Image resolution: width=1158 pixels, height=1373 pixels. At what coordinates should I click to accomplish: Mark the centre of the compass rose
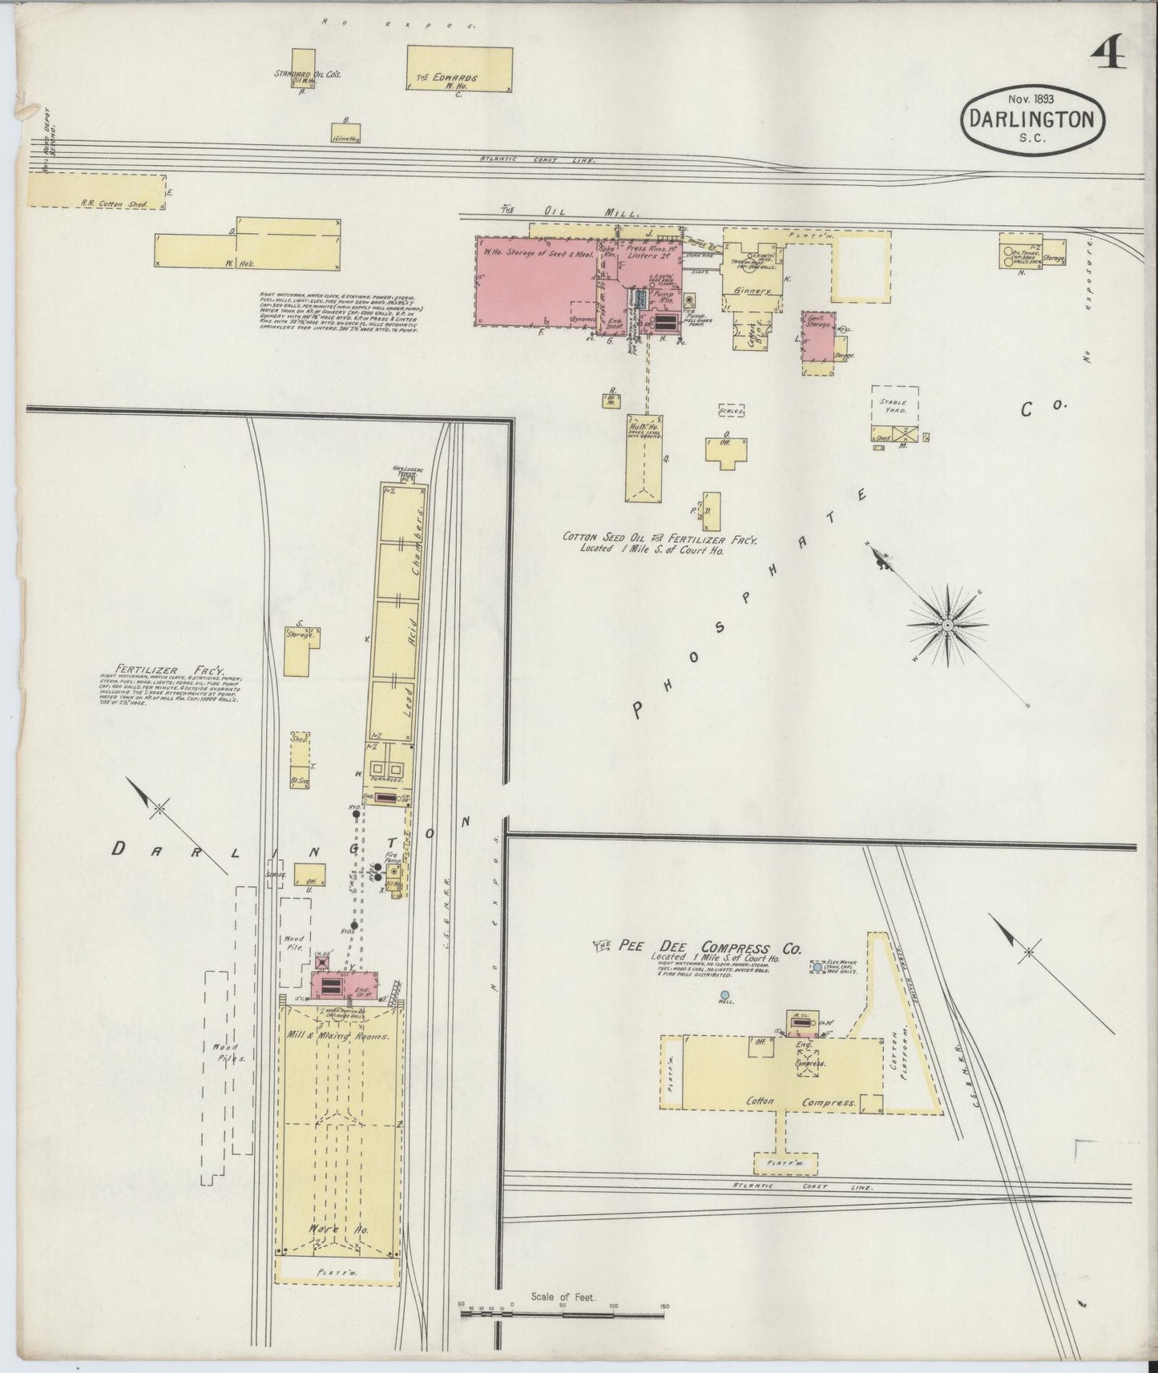click(947, 624)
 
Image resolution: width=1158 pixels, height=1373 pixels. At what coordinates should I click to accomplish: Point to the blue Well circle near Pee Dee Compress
click(724, 994)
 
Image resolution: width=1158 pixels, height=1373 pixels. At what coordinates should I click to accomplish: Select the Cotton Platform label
click(901, 1057)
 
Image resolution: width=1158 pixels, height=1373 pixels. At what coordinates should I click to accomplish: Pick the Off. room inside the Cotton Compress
click(757, 1042)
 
